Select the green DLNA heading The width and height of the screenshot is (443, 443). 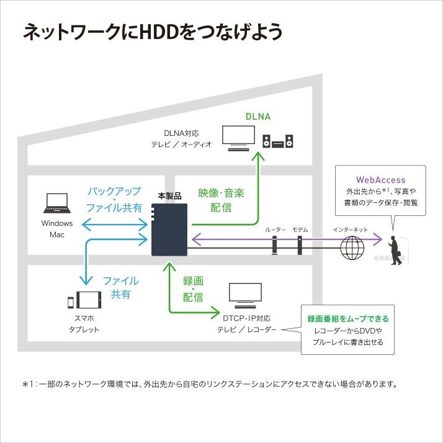258,117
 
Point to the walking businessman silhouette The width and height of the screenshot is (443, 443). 395,251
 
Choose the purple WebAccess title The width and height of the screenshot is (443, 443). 380,180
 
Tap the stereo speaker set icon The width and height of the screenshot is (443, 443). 279,142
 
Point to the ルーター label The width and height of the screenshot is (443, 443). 275,230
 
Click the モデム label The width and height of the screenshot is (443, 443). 300,230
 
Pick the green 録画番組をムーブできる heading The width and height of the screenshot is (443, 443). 348,319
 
